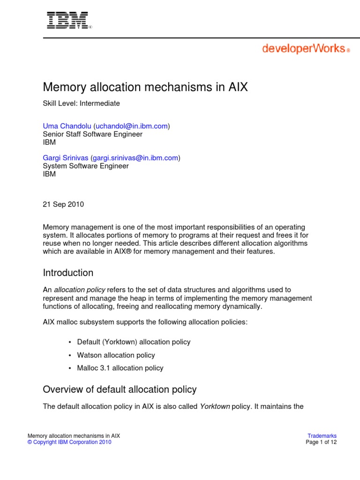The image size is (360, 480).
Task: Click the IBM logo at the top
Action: (67, 21)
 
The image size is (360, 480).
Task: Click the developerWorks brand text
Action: (303, 49)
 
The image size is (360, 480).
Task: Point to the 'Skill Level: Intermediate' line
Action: (82, 103)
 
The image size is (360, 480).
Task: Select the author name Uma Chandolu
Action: (67, 126)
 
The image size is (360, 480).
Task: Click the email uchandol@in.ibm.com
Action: (132, 126)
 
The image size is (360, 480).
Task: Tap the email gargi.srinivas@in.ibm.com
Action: (137, 158)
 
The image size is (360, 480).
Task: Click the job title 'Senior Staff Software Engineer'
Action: (92, 134)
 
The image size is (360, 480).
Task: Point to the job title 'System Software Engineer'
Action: (85, 166)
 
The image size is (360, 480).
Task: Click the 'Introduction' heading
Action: (68, 273)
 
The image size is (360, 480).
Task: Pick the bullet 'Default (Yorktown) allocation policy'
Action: (134, 342)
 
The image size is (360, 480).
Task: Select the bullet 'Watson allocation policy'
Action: (116, 355)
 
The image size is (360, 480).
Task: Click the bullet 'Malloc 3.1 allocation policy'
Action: (120, 368)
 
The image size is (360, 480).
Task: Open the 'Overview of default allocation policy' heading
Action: (120, 390)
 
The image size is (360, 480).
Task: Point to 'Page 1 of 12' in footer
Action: (321, 442)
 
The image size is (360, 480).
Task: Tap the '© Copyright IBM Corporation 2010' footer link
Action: (69, 442)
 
